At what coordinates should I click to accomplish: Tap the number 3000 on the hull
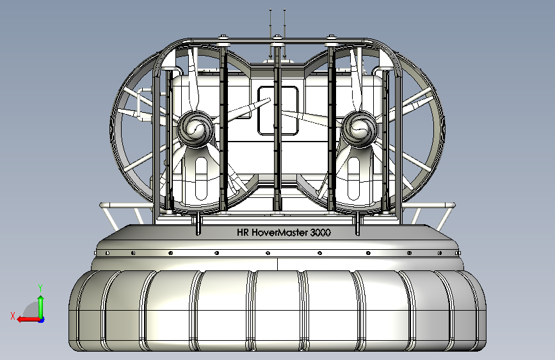(x=320, y=233)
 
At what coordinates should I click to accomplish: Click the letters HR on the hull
(x=243, y=233)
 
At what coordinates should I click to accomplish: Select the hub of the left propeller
(x=195, y=129)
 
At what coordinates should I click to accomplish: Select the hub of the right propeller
(x=359, y=129)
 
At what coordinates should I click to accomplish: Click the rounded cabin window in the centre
(x=278, y=111)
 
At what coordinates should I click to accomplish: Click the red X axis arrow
(x=29, y=320)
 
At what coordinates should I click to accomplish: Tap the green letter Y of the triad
(x=40, y=288)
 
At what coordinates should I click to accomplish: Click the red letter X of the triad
(x=13, y=316)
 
